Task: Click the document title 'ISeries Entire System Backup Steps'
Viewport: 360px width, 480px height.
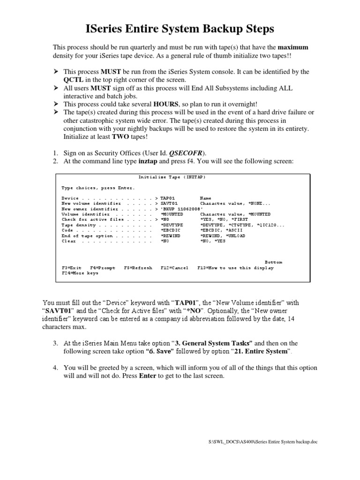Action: [x=180, y=30]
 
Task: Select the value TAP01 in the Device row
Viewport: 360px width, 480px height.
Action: [x=168, y=198]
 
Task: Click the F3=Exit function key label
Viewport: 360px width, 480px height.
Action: [x=72, y=268]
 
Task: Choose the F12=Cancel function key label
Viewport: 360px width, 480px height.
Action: [x=174, y=268]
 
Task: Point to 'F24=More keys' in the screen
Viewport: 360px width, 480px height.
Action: [x=80, y=273]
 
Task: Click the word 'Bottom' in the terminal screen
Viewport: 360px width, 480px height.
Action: [x=273, y=262]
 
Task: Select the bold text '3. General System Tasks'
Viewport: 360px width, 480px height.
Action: [x=214, y=343]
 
